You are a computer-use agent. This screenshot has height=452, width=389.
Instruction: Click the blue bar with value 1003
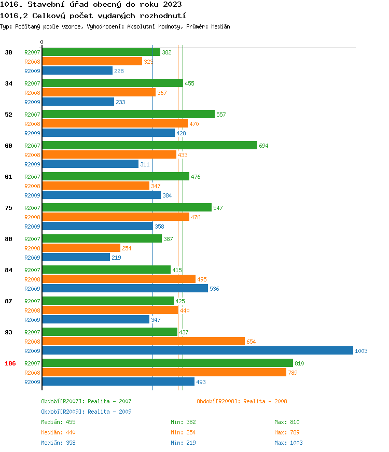coord(197,351)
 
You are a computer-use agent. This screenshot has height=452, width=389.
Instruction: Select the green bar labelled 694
coord(149,146)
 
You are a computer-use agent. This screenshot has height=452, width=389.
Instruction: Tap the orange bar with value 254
coord(81,248)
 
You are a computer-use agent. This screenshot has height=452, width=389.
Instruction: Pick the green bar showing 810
coord(167,363)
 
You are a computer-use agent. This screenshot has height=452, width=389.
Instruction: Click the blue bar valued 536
coord(124,289)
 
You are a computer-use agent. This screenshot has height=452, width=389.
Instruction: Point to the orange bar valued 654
coord(143,342)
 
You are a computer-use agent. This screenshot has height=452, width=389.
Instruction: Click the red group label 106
coord(10,363)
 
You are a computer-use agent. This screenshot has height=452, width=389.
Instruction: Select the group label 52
coord(8,115)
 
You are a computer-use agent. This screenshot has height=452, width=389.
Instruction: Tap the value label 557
coord(221,115)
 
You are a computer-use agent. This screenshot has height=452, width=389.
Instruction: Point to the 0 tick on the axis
coord(42,43)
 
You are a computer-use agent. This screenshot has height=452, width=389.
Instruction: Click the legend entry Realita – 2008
coord(242,401)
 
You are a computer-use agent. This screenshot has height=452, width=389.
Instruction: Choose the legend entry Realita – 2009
coord(86,412)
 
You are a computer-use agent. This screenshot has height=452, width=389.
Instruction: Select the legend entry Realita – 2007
coord(86,401)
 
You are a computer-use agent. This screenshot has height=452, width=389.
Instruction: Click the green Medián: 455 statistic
coord(58,422)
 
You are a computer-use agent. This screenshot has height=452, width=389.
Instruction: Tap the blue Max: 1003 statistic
coord(288,443)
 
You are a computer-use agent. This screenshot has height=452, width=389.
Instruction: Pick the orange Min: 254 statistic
coord(183,432)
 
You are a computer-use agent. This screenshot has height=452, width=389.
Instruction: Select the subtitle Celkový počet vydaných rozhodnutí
coord(93,16)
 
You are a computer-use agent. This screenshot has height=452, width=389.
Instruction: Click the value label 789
coord(293,373)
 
